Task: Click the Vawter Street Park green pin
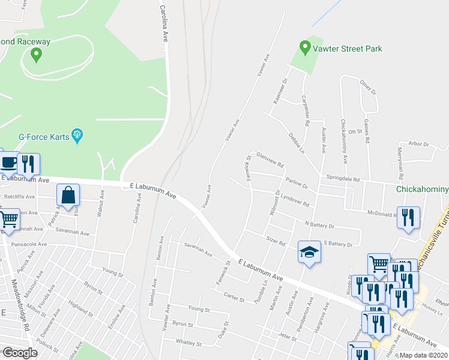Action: click(x=305, y=46)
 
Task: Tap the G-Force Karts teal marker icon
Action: click(x=77, y=136)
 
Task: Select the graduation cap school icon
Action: click(x=309, y=251)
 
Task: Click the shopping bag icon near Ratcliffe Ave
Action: click(x=68, y=195)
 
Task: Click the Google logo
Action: click(x=19, y=353)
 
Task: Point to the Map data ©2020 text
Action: click(x=424, y=355)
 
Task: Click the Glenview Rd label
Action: click(x=270, y=160)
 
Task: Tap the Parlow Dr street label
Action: click(x=297, y=182)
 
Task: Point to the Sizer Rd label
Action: click(x=276, y=240)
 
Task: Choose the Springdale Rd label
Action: click(x=342, y=178)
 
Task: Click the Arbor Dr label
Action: click(x=418, y=144)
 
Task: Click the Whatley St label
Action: click(x=188, y=343)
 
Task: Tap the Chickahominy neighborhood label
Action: click(x=422, y=190)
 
